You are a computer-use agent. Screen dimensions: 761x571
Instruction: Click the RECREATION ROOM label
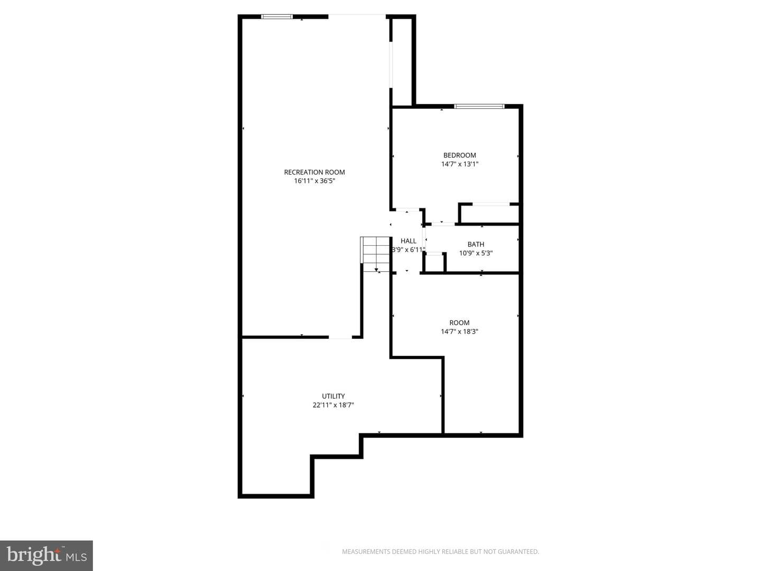(x=314, y=172)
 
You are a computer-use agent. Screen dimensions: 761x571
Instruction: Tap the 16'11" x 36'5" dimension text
(x=314, y=181)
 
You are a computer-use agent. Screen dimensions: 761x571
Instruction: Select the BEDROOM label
(x=459, y=155)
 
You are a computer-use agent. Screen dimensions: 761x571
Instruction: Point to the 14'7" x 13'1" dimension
(x=459, y=164)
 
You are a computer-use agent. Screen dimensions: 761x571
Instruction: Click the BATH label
(x=476, y=244)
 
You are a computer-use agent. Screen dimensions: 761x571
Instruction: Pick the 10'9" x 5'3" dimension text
(x=476, y=253)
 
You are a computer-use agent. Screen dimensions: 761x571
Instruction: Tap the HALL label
(x=409, y=241)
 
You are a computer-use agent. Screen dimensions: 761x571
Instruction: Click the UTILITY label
(x=333, y=396)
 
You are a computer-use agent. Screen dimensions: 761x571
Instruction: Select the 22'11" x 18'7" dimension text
(x=333, y=404)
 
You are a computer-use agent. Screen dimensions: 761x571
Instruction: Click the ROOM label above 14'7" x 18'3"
(x=459, y=323)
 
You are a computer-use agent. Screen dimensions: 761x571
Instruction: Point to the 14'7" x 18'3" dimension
(x=459, y=331)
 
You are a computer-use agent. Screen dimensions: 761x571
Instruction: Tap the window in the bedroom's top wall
(x=479, y=106)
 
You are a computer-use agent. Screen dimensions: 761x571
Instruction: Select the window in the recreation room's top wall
(x=277, y=16)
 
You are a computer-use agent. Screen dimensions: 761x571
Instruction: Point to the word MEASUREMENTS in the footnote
(x=366, y=551)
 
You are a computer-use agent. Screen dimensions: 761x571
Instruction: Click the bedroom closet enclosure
(x=489, y=214)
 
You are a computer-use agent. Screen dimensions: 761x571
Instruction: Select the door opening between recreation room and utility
(x=340, y=337)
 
